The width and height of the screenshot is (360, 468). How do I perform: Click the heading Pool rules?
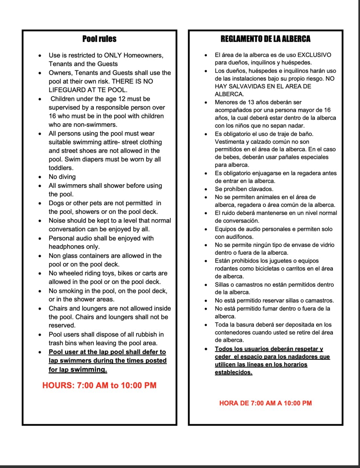(99, 39)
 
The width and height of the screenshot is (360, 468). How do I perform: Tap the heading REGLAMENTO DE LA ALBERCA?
(265, 39)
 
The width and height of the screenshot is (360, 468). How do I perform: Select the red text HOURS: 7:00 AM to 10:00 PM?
(99, 385)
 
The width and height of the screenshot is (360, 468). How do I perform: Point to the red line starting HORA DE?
(266, 403)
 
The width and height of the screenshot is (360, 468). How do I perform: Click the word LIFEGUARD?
(66, 90)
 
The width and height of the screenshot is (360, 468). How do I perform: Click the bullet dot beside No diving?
(40, 177)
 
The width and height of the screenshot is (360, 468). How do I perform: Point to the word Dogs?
(56, 203)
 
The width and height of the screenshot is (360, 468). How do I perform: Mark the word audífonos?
(239, 237)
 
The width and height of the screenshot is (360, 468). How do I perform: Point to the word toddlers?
(60, 168)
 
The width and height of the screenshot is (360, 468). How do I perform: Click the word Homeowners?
(143, 55)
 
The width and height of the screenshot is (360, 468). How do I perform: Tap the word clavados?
(260, 189)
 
